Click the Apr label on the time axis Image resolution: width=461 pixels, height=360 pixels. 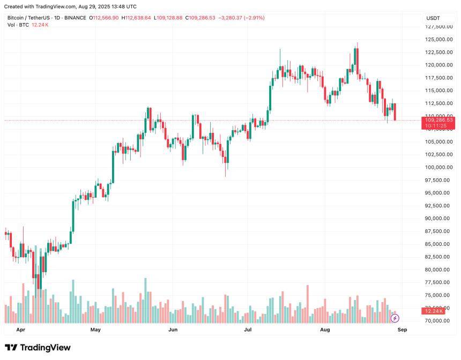[21, 330]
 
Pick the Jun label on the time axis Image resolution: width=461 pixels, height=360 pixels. [173, 330]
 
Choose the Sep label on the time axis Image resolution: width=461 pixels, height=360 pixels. [403, 330]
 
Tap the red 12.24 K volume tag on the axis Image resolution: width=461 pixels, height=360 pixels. [434, 311]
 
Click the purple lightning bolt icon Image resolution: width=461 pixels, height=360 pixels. [395, 318]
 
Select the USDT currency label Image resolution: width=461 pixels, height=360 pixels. [433, 17]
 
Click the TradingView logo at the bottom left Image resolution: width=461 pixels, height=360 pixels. [38, 348]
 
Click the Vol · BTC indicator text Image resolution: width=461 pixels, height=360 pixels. [19, 25]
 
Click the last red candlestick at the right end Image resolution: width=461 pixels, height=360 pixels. [396, 112]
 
